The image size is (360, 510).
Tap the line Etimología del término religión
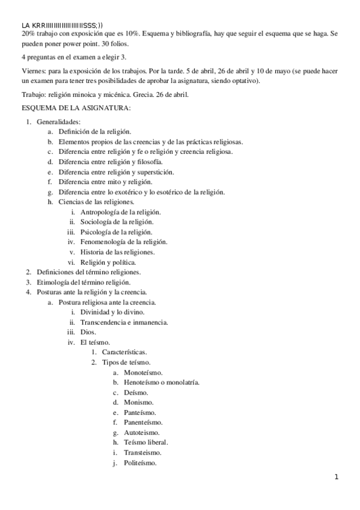click(83, 282)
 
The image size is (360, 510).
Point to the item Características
click(125, 352)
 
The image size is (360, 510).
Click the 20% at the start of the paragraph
click(28, 35)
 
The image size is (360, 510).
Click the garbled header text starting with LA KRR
click(66, 25)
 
